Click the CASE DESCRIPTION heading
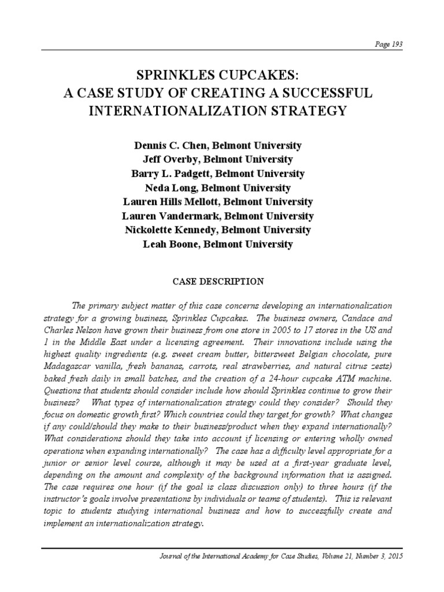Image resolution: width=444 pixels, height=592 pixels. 219,282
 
